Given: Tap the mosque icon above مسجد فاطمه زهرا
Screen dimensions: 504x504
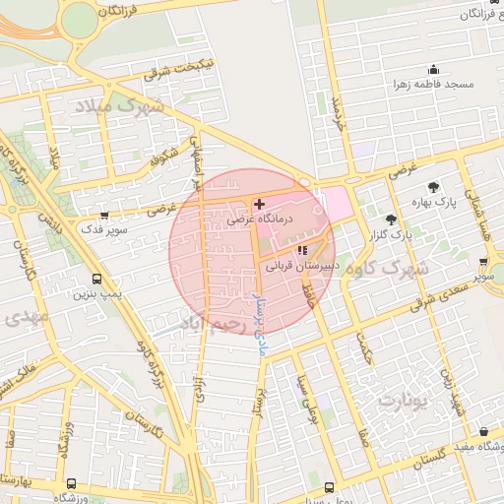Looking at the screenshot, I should tap(432, 70).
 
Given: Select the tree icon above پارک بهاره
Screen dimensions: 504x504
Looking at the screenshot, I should tap(432, 187).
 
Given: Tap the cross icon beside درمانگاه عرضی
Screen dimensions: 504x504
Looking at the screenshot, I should tap(259, 205).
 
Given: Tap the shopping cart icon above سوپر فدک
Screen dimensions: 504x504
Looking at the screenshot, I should tap(104, 214).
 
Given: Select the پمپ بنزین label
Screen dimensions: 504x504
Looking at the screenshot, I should tap(95, 294).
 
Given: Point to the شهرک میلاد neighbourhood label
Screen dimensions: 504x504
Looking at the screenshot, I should tap(126, 105).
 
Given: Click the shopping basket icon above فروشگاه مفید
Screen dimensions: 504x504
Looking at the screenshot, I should tap(483, 432).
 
